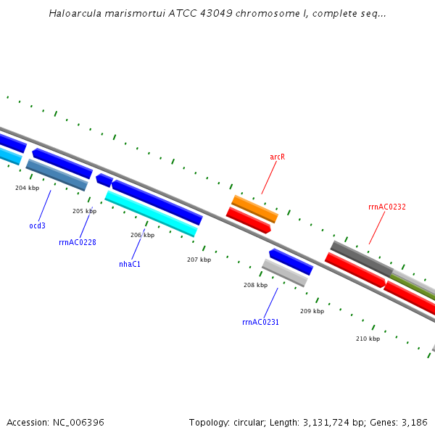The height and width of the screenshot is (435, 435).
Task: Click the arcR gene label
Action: coord(277,157)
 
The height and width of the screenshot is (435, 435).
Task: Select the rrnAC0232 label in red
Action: coord(386,207)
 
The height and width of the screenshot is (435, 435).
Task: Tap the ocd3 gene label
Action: coord(37,225)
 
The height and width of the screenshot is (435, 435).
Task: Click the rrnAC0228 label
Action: coord(77,242)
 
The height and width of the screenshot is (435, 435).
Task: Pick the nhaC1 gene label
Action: coord(129,264)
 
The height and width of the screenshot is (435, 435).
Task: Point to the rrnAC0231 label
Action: coord(260,322)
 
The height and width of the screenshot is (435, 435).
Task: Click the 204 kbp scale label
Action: coord(27,188)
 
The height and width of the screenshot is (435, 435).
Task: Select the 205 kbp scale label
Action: coord(84,211)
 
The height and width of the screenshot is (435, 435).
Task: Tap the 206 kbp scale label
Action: coord(142,235)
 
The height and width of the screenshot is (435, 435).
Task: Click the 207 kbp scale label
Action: coord(199,260)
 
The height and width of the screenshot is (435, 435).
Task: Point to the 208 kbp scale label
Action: coord(255,285)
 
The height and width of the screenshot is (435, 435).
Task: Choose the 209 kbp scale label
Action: coord(312,311)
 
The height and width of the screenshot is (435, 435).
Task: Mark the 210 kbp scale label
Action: coord(368,339)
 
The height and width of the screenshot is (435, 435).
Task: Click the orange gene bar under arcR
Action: coord(254,209)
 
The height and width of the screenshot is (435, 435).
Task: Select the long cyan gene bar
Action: coord(151,213)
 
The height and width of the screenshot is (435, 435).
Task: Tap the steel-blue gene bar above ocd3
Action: coord(57,175)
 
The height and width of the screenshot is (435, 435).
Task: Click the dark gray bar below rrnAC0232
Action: coord(361,258)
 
